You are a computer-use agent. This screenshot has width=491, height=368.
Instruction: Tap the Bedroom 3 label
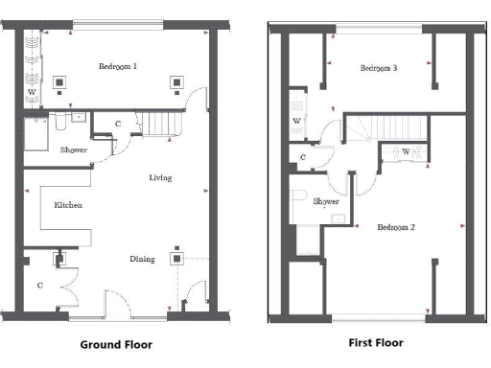tap(379, 68)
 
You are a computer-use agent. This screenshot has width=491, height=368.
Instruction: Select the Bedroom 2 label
tap(395, 227)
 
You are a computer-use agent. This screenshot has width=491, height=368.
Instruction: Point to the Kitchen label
tap(67, 205)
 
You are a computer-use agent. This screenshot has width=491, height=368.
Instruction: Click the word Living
tap(160, 178)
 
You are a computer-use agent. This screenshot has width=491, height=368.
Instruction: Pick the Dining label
tap(143, 259)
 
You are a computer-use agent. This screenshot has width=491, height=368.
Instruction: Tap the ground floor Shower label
tap(74, 149)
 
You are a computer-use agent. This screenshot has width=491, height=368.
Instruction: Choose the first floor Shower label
tap(325, 202)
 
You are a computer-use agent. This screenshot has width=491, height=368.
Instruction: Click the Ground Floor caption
tap(115, 344)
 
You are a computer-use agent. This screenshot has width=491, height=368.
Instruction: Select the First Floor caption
tap(377, 342)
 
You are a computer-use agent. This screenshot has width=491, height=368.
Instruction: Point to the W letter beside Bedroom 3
tap(296, 121)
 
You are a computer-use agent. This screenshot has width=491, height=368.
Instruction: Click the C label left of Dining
tap(39, 285)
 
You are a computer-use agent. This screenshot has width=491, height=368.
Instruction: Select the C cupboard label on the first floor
tap(302, 157)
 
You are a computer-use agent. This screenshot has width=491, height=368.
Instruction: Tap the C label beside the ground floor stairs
tap(117, 124)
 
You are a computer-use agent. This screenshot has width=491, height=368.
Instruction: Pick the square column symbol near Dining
tap(176, 257)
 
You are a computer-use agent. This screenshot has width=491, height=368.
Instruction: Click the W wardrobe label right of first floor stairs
tap(406, 151)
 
